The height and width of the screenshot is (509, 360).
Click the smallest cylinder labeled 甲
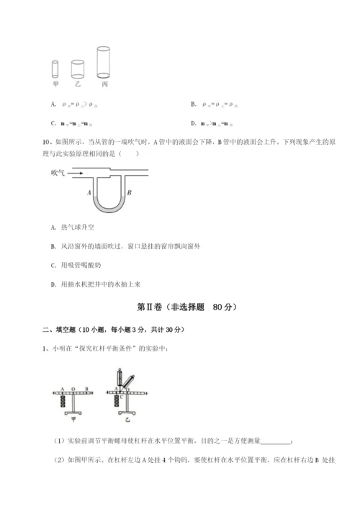(55, 70)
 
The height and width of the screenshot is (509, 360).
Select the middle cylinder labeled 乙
(78, 68)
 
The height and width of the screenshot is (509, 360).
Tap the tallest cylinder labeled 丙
(104, 62)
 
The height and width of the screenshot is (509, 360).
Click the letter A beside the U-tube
(89, 193)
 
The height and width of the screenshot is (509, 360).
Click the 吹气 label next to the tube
(59, 173)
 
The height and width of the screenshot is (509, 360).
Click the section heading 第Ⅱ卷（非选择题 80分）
(179, 307)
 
